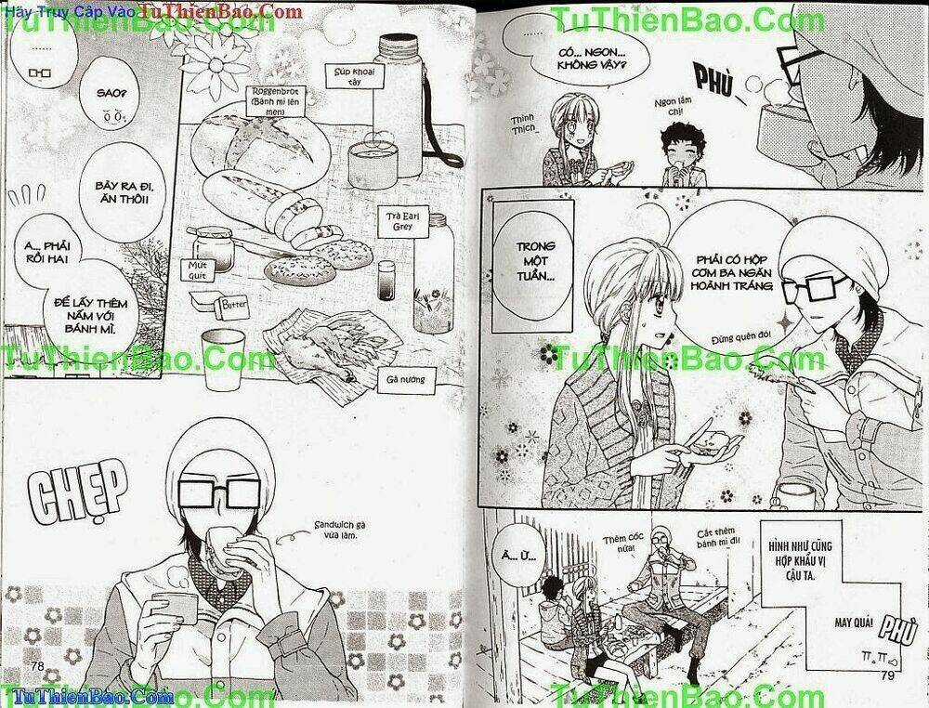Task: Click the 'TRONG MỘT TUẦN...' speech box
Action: pos(528,263)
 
